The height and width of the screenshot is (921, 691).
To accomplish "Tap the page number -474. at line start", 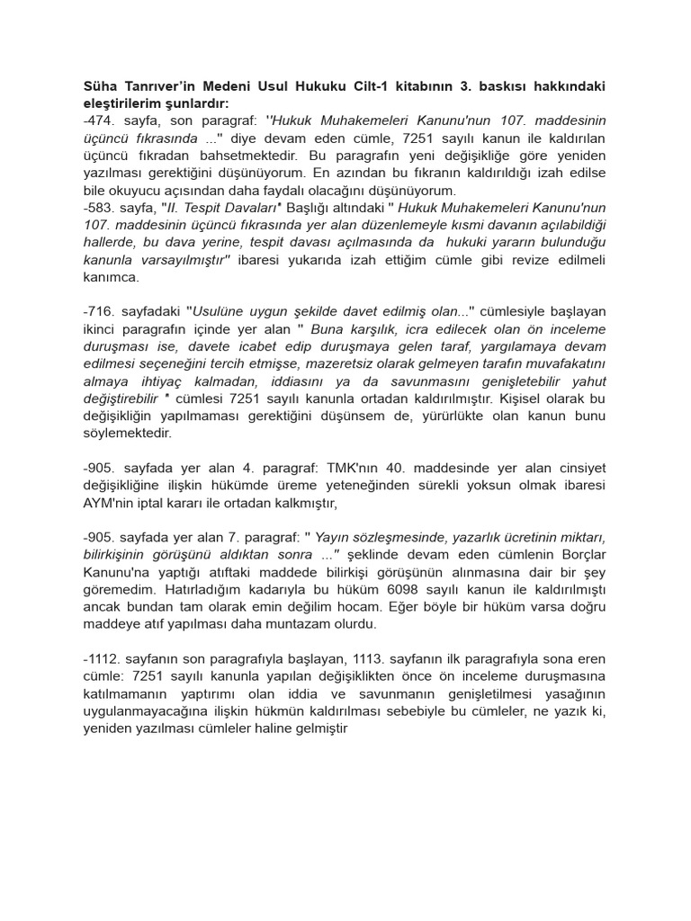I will (99, 121).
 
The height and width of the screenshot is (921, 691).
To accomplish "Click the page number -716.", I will (99, 311).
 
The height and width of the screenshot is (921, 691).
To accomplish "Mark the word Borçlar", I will (577, 554).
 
